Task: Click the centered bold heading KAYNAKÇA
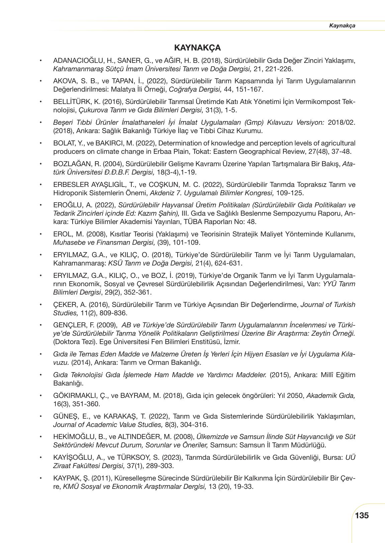click(x=197, y=48)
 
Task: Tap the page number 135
click(x=362, y=515)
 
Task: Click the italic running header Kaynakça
click(x=342, y=26)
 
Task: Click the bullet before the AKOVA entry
click(x=41, y=81)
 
